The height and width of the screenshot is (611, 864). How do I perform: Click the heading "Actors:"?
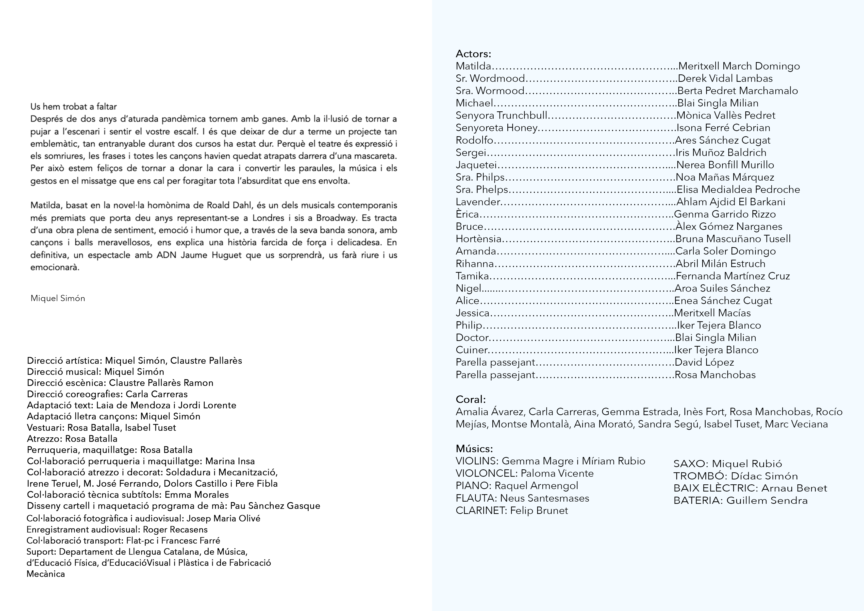473,54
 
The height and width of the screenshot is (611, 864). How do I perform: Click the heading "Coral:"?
470,399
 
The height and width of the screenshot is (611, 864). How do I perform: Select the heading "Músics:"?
474,449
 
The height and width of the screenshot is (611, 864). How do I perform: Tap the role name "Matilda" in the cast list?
473,66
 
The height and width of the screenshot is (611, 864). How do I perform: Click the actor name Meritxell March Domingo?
739,66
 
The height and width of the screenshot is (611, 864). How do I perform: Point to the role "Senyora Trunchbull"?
501,116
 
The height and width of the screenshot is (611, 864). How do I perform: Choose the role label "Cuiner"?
471,350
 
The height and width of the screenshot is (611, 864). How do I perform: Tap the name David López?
704,362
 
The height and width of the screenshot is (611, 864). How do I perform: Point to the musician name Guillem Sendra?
767,501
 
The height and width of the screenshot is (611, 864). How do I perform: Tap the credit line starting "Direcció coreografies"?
107,394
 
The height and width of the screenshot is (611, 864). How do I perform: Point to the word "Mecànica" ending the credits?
46,574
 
